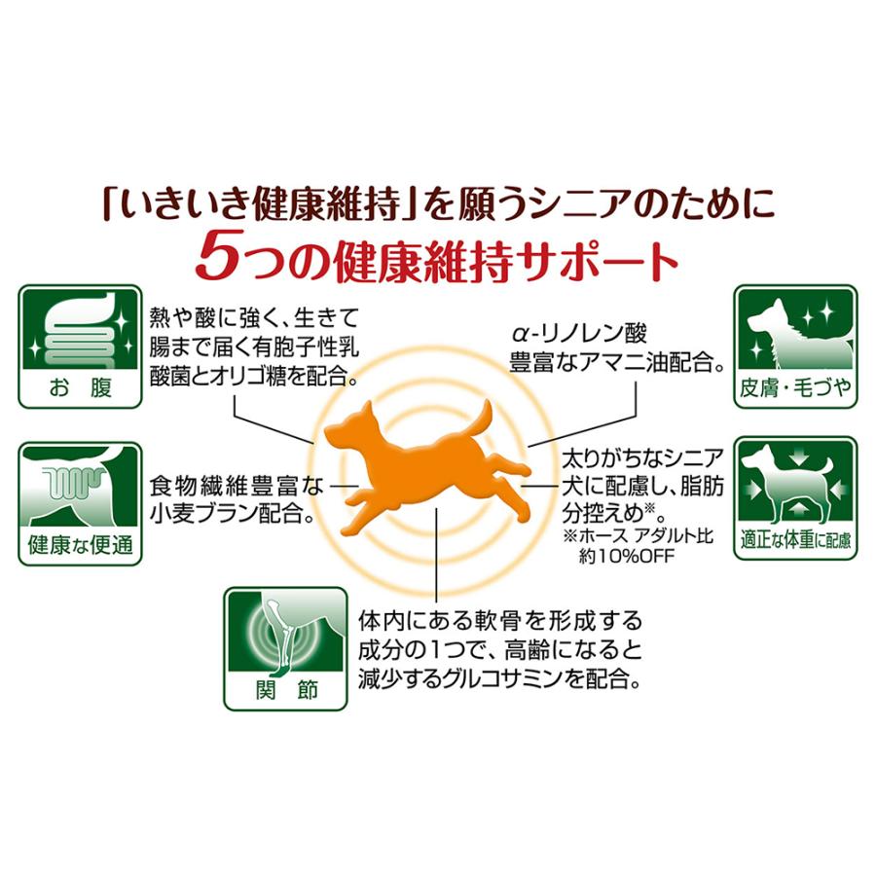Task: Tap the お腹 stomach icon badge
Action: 80,347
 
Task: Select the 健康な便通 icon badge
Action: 80,503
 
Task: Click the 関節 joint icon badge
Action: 285,647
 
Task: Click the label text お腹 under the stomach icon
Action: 80,388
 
